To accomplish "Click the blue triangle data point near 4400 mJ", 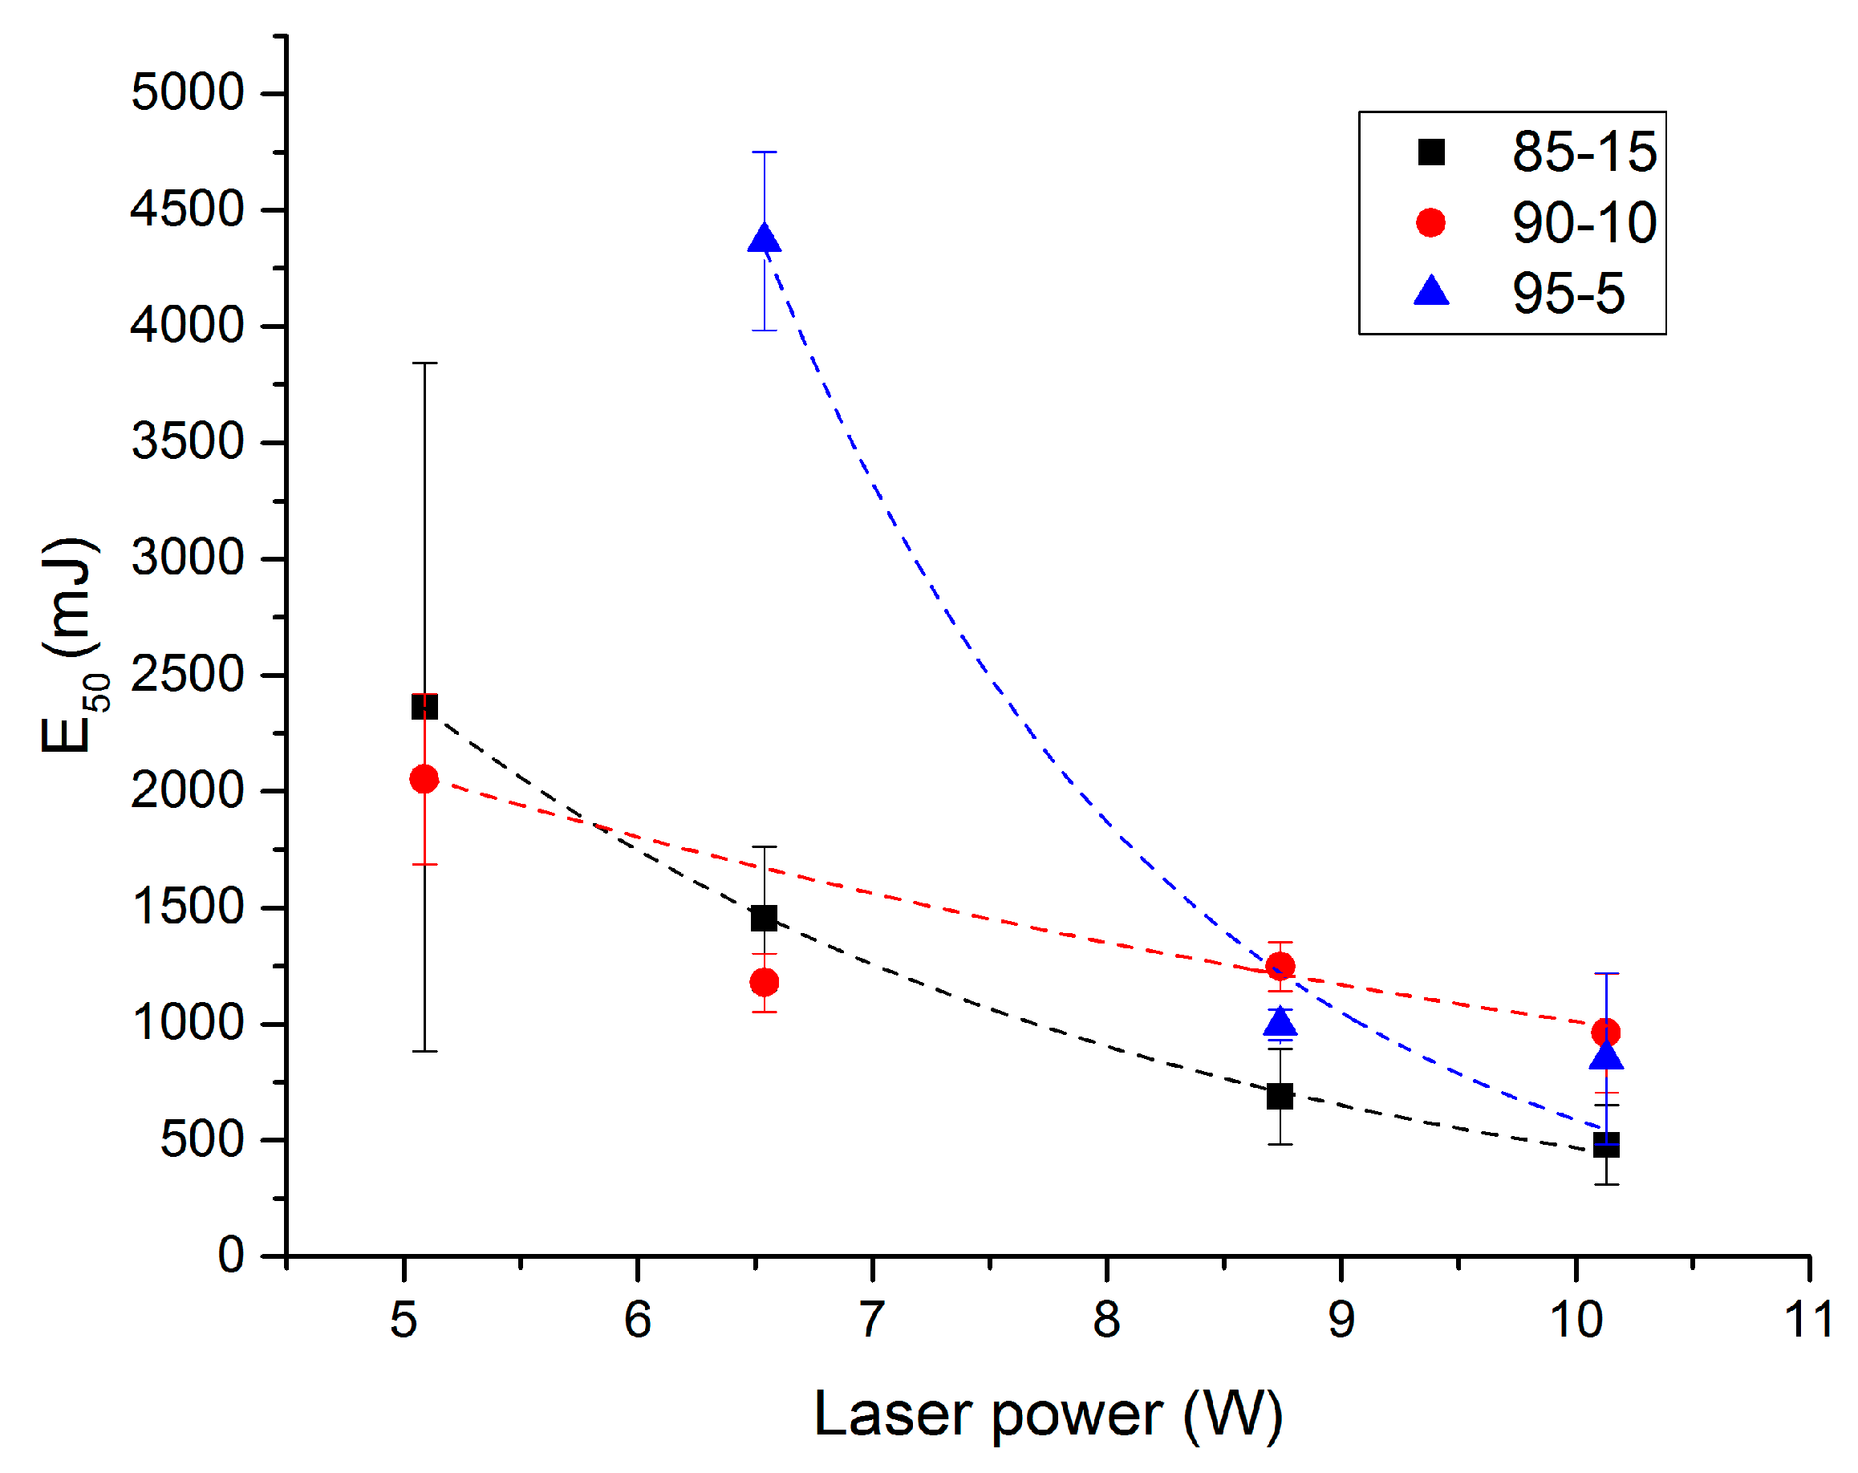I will [765, 239].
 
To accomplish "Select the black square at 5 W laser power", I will [424, 707].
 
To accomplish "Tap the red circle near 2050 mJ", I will [424, 779].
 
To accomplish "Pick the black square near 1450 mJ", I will [765, 918].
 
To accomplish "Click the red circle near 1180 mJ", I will [765, 982].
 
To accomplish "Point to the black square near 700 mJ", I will [1280, 1097].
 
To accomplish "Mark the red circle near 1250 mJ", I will [1280, 966].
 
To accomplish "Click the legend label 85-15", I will [1583, 152].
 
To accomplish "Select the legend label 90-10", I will [1583, 223].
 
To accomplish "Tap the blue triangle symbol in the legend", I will [1431, 291].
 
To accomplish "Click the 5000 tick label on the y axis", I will [188, 92].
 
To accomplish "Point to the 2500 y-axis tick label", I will [188, 674].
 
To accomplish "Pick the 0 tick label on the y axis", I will [230, 1255].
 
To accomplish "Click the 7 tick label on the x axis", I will [872, 1320].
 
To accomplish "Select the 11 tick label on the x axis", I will [1808, 1320].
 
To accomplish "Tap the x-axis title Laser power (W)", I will [1048, 1415].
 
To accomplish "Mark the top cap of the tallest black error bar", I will [424, 363].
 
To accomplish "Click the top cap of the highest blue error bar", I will [765, 152].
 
